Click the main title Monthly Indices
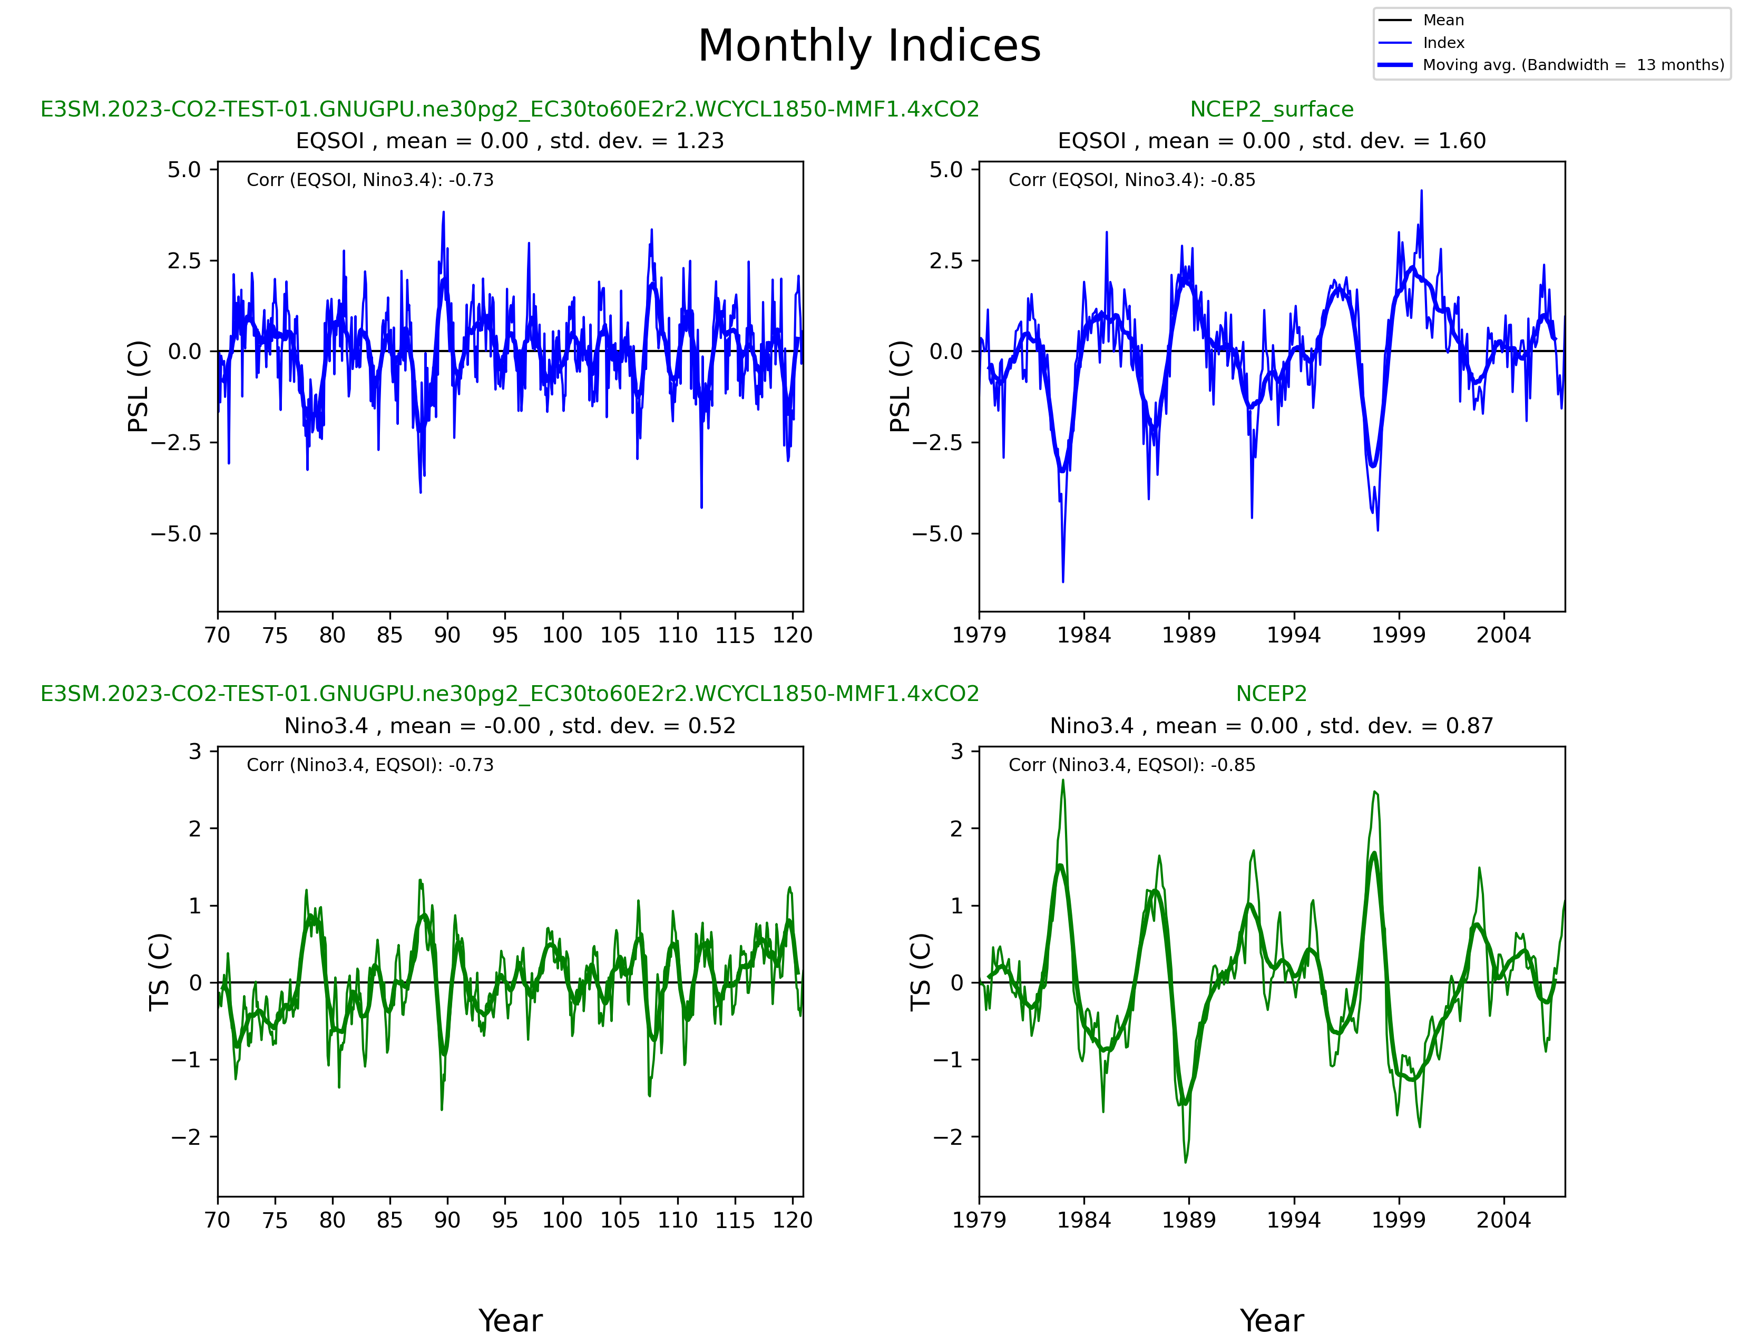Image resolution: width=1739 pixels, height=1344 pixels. pyautogui.click(x=868, y=46)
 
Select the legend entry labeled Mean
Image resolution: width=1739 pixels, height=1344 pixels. pyautogui.click(x=1443, y=21)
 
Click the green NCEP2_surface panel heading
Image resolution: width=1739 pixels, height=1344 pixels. pyautogui.click(x=1272, y=109)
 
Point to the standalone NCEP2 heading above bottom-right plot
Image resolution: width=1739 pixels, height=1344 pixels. pyautogui.click(x=1272, y=694)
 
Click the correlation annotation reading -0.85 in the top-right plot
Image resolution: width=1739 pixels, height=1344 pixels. pyautogui.click(x=1131, y=180)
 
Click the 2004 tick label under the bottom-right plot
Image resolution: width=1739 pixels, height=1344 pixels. pyautogui.click(x=1503, y=1220)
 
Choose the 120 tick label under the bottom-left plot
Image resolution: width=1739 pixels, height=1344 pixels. pyautogui.click(x=792, y=1220)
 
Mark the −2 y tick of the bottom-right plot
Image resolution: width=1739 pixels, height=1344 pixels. pyautogui.click(x=949, y=1137)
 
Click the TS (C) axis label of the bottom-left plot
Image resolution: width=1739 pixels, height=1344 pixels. pyautogui.click(x=160, y=971)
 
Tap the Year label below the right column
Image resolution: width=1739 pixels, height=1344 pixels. pyautogui.click(x=1272, y=1321)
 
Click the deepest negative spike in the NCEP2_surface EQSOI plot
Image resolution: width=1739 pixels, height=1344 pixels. pyautogui.click(x=1063, y=580)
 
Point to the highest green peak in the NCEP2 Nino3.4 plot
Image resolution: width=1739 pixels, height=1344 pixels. pyautogui.click(x=1062, y=781)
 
